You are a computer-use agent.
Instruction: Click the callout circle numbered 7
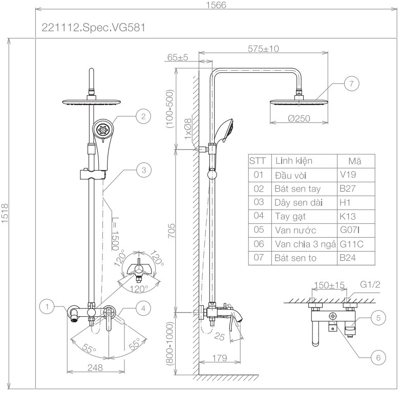point(351,84)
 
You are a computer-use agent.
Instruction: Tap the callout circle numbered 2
point(143,116)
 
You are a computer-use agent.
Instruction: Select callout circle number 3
point(144,170)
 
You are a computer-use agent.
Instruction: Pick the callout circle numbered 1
point(47,306)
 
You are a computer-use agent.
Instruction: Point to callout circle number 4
point(143,308)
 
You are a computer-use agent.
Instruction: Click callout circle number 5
point(378,318)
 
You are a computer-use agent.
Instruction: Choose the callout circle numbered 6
point(378,357)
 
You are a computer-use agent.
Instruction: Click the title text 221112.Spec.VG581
point(94,28)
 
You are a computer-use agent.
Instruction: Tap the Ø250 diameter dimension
point(299,118)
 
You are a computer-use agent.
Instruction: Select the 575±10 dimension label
point(263,49)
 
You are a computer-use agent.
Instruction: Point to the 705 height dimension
point(172,231)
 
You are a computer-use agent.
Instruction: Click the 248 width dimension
point(95,367)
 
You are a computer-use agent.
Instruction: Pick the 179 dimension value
point(220,358)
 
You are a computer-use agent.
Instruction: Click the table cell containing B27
point(356,189)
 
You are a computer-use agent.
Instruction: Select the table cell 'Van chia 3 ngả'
point(304,244)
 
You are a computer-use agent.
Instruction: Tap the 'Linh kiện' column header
point(304,161)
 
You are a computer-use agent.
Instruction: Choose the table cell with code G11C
point(356,244)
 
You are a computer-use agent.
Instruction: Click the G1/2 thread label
point(370,284)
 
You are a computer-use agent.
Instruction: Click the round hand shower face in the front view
point(102,129)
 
